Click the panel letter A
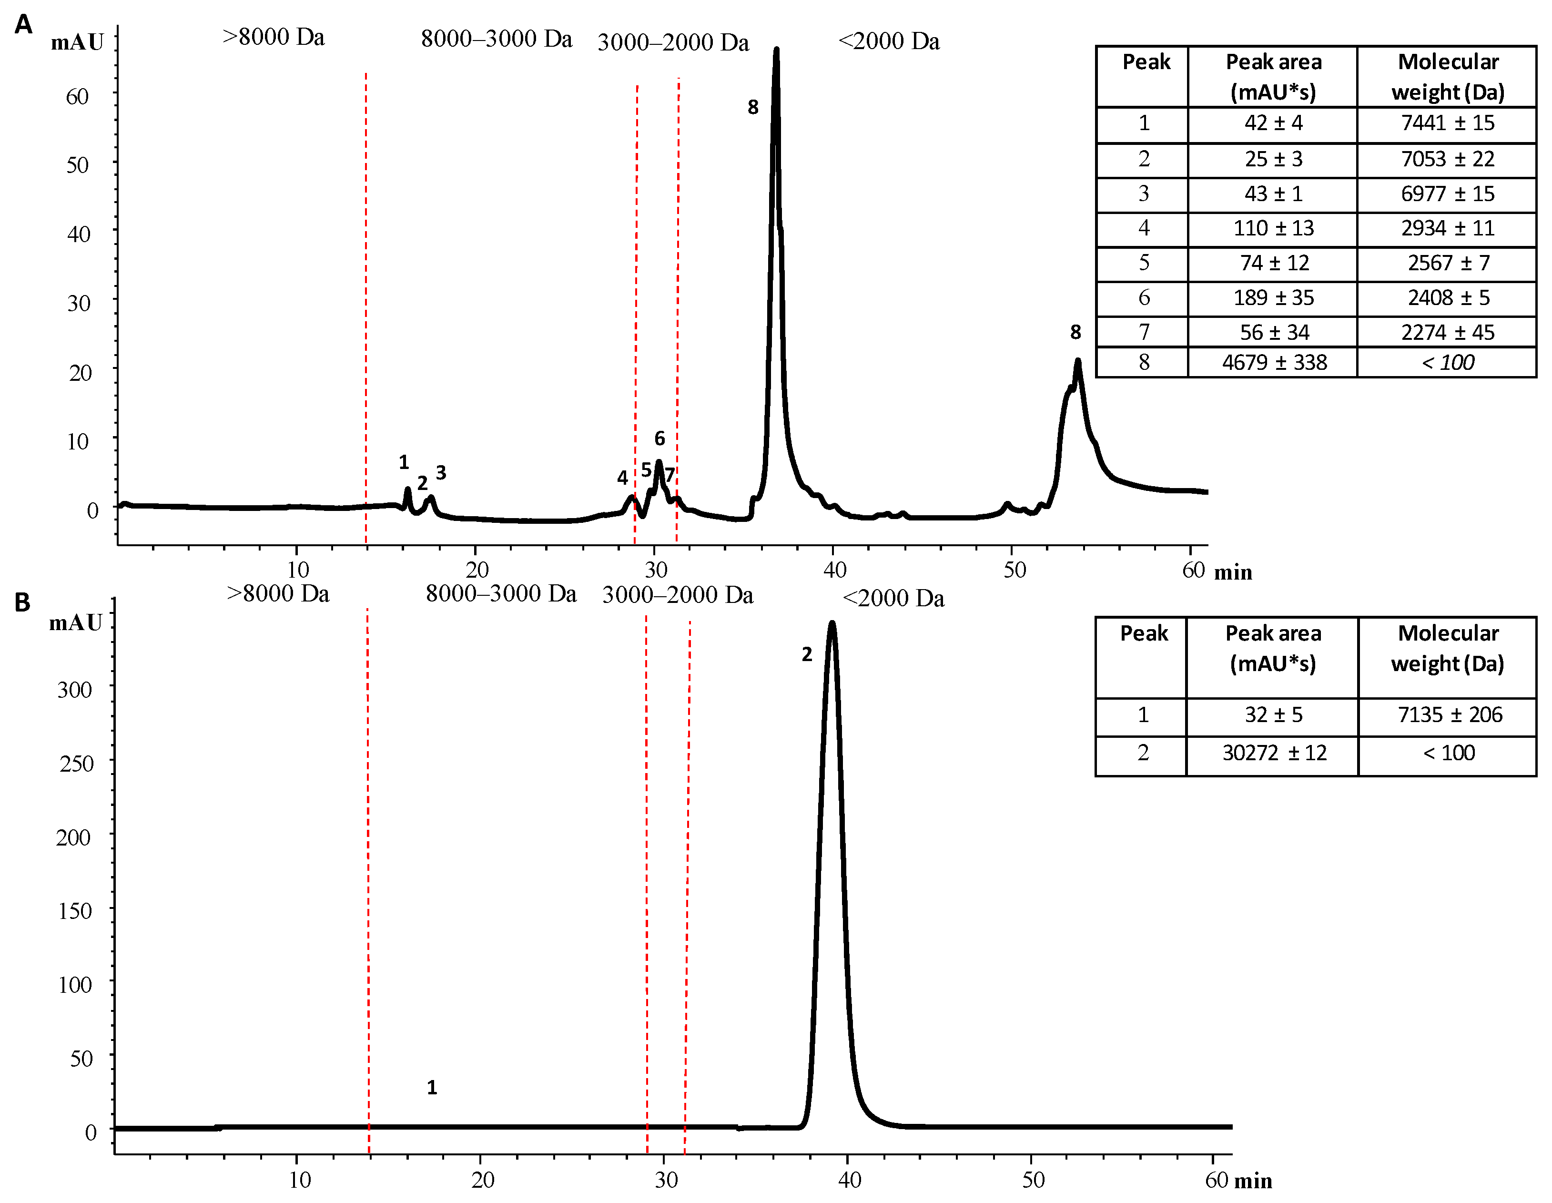click(23, 25)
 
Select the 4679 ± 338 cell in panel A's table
click(1274, 363)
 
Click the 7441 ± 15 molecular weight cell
click(1448, 123)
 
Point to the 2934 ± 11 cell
click(1448, 228)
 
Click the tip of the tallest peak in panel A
click(776, 50)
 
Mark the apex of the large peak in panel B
click(832, 623)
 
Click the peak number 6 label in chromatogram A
click(659, 438)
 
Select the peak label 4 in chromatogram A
click(622, 478)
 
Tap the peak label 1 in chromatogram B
click(431, 1087)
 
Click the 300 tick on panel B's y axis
click(75, 690)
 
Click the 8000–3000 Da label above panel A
click(496, 39)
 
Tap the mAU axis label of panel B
click(75, 623)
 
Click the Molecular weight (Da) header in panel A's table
click(1448, 77)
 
